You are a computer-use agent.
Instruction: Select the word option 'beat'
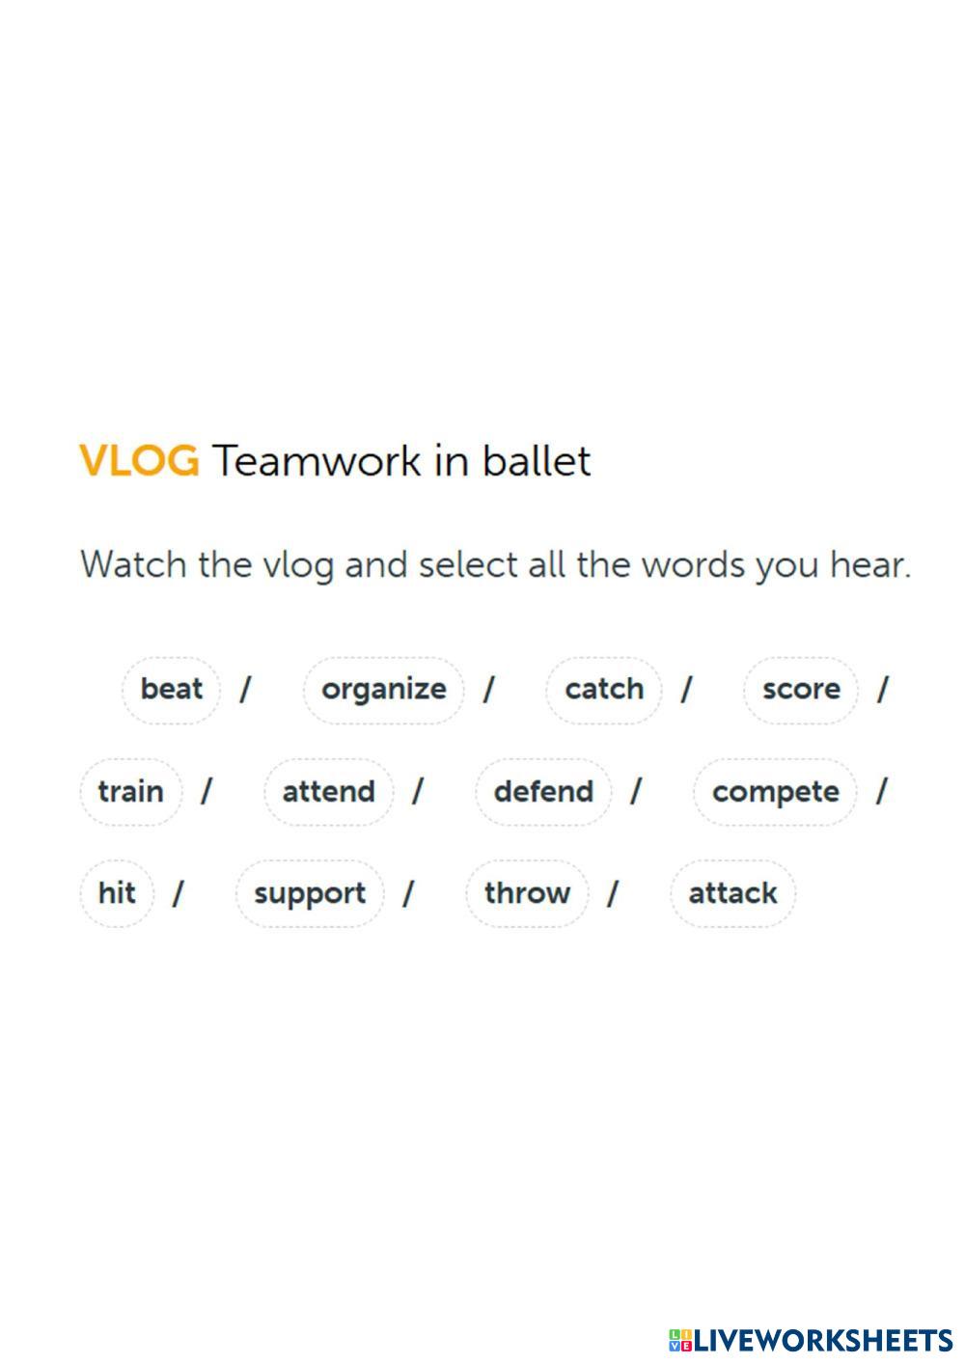pyautogui.click(x=171, y=690)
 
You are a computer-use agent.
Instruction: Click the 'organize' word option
pyautogui.click(x=383, y=690)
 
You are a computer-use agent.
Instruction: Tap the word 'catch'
pyautogui.click(x=604, y=690)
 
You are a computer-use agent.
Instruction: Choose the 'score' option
pyautogui.click(x=800, y=690)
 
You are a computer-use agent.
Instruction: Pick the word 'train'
pyautogui.click(x=130, y=792)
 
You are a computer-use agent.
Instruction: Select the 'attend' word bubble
pyautogui.click(x=328, y=792)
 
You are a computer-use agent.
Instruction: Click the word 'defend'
pyautogui.click(x=543, y=792)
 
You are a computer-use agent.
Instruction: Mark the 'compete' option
pyautogui.click(x=775, y=792)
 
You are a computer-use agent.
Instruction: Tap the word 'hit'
pyautogui.click(x=117, y=893)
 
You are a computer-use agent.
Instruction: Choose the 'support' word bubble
pyautogui.click(x=310, y=893)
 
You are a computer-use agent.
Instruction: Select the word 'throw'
pyautogui.click(x=527, y=893)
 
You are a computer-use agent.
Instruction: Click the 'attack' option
pyautogui.click(x=732, y=893)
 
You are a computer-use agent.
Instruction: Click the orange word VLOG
pyautogui.click(x=139, y=461)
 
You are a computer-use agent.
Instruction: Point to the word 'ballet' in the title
pyautogui.click(x=536, y=461)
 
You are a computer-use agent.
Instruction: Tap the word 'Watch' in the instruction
pyautogui.click(x=133, y=564)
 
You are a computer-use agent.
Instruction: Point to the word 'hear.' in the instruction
pyautogui.click(x=870, y=564)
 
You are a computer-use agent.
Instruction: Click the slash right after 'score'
pyautogui.click(x=881, y=690)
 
